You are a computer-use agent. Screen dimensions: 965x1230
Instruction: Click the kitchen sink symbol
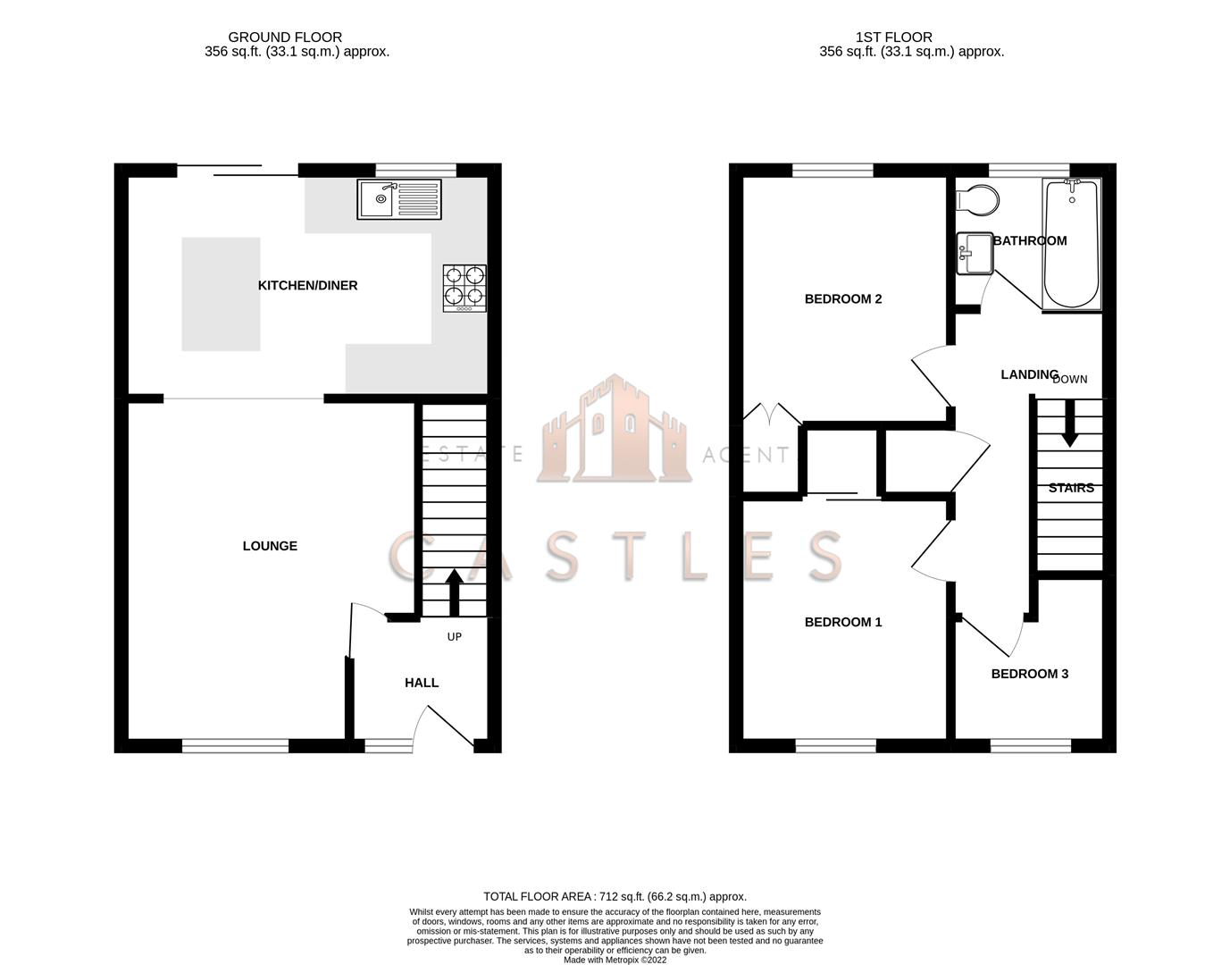point(398,199)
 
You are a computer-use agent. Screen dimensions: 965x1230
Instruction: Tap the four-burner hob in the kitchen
point(464,287)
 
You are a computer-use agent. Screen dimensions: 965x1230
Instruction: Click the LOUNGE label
point(270,546)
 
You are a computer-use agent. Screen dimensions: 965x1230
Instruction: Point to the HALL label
point(422,683)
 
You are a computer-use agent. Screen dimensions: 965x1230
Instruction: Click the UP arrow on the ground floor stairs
point(454,592)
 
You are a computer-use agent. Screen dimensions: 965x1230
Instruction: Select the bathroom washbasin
point(974,253)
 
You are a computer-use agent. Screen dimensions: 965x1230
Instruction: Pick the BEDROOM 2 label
point(843,298)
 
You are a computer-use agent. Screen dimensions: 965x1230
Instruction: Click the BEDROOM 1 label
point(843,622)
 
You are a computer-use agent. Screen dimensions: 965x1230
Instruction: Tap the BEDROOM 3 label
point(1029,674)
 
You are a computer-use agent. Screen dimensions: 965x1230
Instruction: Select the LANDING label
point(1028,374)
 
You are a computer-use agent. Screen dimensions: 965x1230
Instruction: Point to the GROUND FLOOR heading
point(285,37)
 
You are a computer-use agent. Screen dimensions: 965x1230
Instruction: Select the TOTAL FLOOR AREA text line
point(615,896)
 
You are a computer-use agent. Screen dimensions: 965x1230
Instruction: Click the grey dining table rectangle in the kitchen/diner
point(221,294)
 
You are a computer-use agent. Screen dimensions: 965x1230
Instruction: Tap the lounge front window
point(236,745)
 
